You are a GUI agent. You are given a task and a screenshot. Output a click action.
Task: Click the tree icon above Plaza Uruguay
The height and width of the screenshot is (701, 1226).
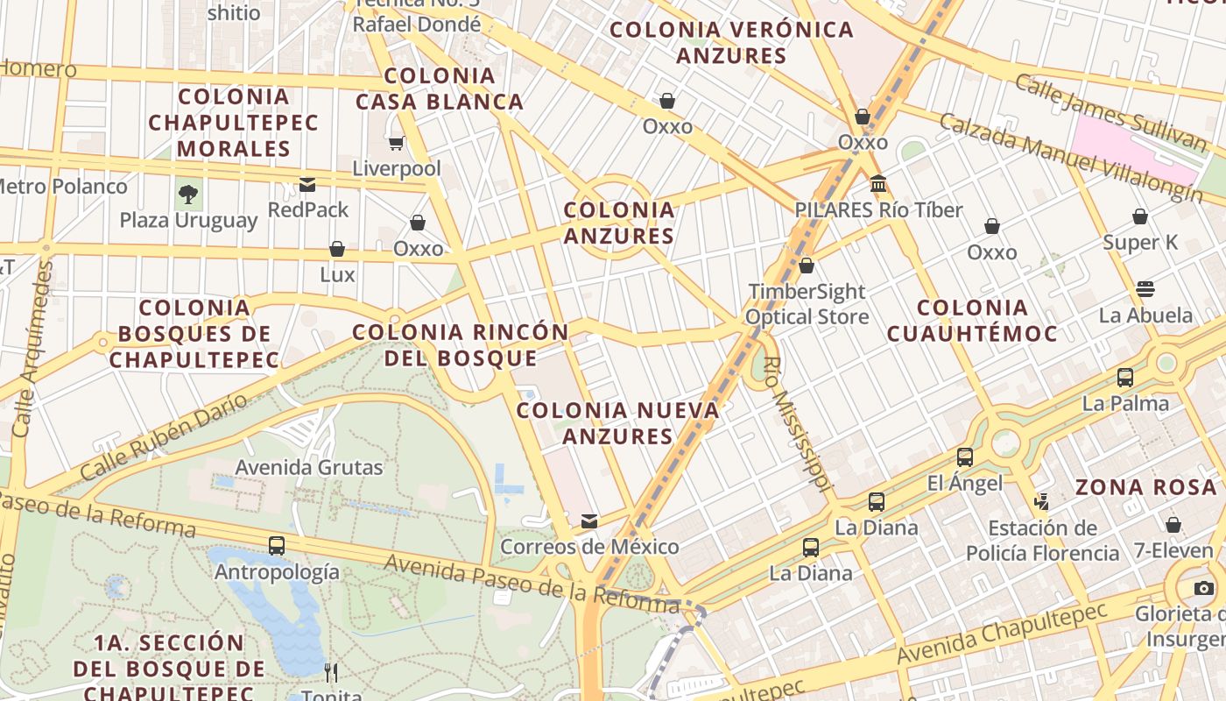187,194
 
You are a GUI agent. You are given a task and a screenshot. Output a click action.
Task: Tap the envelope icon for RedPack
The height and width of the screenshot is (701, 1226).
307,185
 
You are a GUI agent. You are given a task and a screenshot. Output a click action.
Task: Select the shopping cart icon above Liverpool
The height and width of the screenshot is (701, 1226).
397,143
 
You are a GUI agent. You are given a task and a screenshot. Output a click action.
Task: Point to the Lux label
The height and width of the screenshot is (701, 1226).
337,275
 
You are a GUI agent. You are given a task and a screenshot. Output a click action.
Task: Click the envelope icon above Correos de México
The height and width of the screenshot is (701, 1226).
589,521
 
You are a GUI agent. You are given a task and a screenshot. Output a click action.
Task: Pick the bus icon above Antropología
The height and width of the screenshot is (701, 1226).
277,545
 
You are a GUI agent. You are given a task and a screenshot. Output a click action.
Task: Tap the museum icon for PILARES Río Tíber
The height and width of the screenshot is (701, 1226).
878,184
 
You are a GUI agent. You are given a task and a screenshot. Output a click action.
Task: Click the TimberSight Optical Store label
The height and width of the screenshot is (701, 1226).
807,304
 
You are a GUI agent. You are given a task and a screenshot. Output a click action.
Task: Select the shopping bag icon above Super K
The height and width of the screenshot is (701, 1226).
1140,216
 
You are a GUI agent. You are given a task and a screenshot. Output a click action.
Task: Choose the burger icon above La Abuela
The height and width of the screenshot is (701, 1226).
1145,289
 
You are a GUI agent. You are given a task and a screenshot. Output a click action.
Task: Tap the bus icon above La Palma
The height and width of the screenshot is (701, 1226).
1125,378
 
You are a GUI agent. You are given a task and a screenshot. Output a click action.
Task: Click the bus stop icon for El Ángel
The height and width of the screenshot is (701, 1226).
964,457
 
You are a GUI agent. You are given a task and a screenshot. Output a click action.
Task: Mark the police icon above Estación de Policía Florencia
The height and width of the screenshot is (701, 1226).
1042,502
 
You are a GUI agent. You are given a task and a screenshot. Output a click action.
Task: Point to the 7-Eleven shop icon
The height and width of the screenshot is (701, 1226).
1173,525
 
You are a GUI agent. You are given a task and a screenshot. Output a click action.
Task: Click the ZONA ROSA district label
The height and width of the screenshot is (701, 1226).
1145,488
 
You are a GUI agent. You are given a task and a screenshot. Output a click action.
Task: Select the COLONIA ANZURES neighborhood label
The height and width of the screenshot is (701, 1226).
619,223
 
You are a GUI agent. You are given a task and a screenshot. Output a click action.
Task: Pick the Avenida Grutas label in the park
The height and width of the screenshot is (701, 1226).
309,468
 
